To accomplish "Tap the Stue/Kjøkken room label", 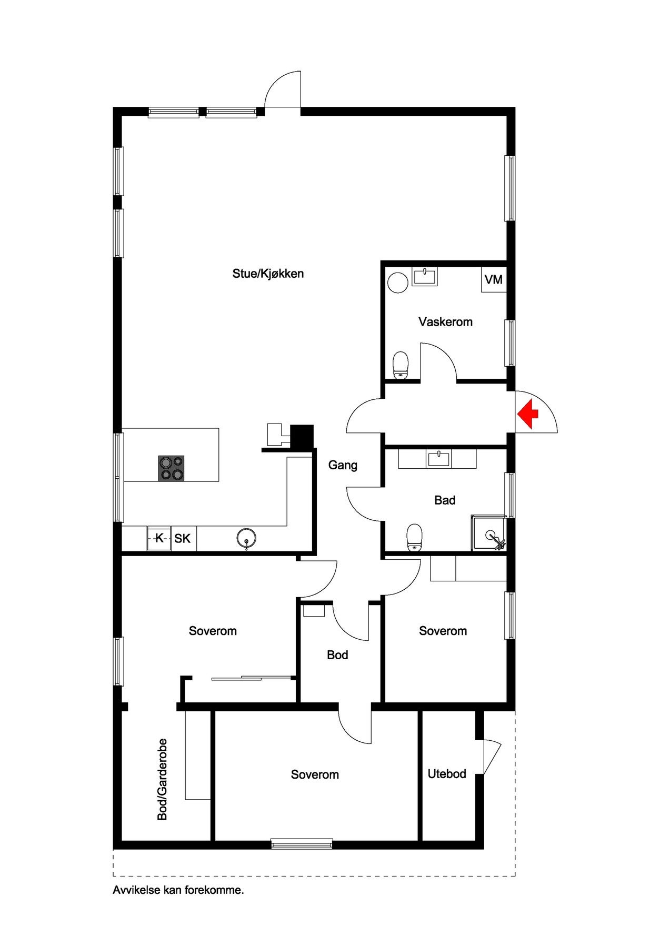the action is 268,274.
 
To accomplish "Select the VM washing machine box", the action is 494,280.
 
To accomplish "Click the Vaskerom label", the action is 445,321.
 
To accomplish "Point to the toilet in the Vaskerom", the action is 402,365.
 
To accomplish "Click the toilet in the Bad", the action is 415,537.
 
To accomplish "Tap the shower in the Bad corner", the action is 489,533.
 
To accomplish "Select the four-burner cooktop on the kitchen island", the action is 171,468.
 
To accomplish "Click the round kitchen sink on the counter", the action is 246,539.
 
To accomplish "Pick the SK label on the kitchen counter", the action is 183,539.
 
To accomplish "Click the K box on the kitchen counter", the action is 159,538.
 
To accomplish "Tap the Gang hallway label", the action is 343,465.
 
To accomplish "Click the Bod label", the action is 337,655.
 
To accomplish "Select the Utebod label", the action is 447,774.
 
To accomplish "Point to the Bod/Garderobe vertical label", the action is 163,779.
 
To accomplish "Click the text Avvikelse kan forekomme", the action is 178,891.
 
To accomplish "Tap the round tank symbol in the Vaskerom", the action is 398,283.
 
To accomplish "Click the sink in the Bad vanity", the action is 439,459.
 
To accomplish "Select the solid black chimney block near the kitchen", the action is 303,437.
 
